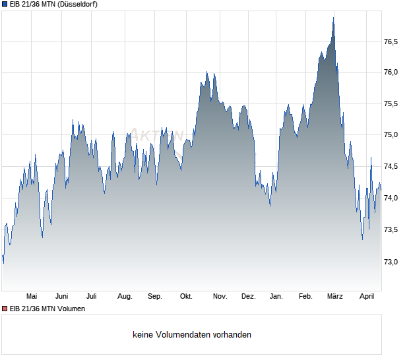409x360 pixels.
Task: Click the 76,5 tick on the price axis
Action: pyautogui.click(x=391, y=41)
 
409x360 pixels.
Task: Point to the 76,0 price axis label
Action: pyautogui.click(x=391, y=72)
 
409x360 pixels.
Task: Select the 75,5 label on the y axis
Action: pyautogui.click(x=391, y=104)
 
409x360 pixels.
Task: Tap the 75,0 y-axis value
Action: pyautogui.click(x=391, y=135)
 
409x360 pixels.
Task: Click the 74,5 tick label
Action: pyautogui.click(x=391, y=167)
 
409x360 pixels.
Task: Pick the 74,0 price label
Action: pyautogui.click(x=391, y=198)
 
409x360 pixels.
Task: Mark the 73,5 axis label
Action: pyautogui.click(x=391, y=230)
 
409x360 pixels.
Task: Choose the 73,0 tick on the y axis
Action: pyautogui.click(x=391, y=262)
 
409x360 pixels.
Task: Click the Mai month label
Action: pyautogui.click(x=30, y=297)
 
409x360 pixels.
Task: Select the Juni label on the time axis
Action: pyautogui.click(x=62, y=297)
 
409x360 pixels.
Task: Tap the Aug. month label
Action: pyautogui.click(x=124, y=297)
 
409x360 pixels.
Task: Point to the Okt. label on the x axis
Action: pyautogui.click(x=186, y=297)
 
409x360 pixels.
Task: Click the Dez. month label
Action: pyautogui.click(x=248, y=297)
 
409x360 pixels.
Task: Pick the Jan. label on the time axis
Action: pyautogui.click(x=276, y=297)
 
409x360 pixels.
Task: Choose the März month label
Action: pyautogui.click(x=336, y=297)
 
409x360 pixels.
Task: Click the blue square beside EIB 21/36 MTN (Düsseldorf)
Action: pyautogui.click(x=5, y=5)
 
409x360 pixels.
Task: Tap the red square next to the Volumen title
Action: pyautogui.click(x=5, y=309)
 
